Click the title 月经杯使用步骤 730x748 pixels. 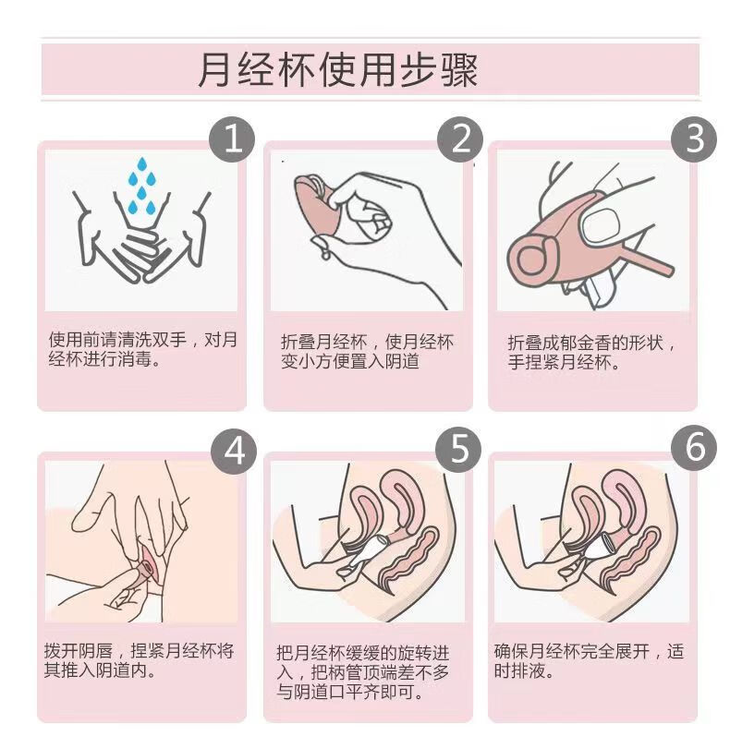pyautogui.click(x=337, y=70)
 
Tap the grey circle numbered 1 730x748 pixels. pyautogui.click(x=233, y=139)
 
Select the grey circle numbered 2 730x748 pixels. pyautogui.click(x=461, y=139)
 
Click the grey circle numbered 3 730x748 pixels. pyautogui.click(x=694, y=139)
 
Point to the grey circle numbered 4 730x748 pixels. pyautogui.click(x=234, y=451)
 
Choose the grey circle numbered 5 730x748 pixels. pyautogui.click(x=459, y=450)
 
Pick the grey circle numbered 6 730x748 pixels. pyautogui.click(x=694, y=449)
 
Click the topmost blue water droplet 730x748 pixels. pyautogui.click(x=141, y=164)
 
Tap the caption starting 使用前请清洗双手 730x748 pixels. pyautogui.click(x=142, y=349)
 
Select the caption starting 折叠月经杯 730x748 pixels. pyautogui.click(x=367, y=352)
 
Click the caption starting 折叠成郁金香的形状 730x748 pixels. pyautogui.click(x=591, y=353)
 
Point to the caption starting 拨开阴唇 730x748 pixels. pyautogui.click(x=139, y=660)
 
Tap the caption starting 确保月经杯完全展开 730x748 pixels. pyautogui.click(x=590, y=660)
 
